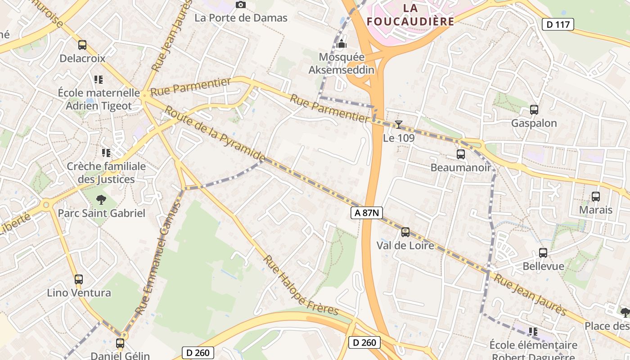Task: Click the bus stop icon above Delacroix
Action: click(x=82, y=45)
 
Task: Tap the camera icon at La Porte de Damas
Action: click(x=241, y=4)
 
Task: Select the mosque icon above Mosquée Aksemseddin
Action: click(x=342, y=44)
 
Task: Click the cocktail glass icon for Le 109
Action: click(x=398, y=125)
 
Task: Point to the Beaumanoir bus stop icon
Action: click(x=460, y=154)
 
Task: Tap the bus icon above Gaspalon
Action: click(x=534, y=110)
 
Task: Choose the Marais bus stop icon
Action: click(x=595, y=197)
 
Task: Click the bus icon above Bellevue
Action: click(x=543, y=253)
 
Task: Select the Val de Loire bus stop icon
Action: click(x=405, y=232)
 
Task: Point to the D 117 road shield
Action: click(x=558, y=24)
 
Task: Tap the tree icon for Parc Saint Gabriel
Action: click(x=101, y=199)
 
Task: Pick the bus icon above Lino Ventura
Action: click(x=79, y=279)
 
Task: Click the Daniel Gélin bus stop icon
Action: click(x=120, y=343)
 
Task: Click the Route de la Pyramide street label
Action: click(x=215, y=134)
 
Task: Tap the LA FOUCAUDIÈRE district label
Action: click(x=410, y=14)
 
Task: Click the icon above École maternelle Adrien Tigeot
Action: click(x=99, y=80)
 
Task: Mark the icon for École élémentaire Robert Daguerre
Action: click(x=533, y=332)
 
